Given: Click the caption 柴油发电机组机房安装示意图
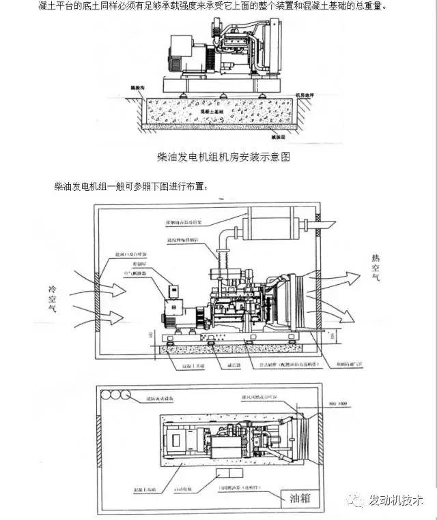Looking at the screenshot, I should [x=224, y=157].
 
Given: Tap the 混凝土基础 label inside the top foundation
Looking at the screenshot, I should [x=214, y=108].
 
